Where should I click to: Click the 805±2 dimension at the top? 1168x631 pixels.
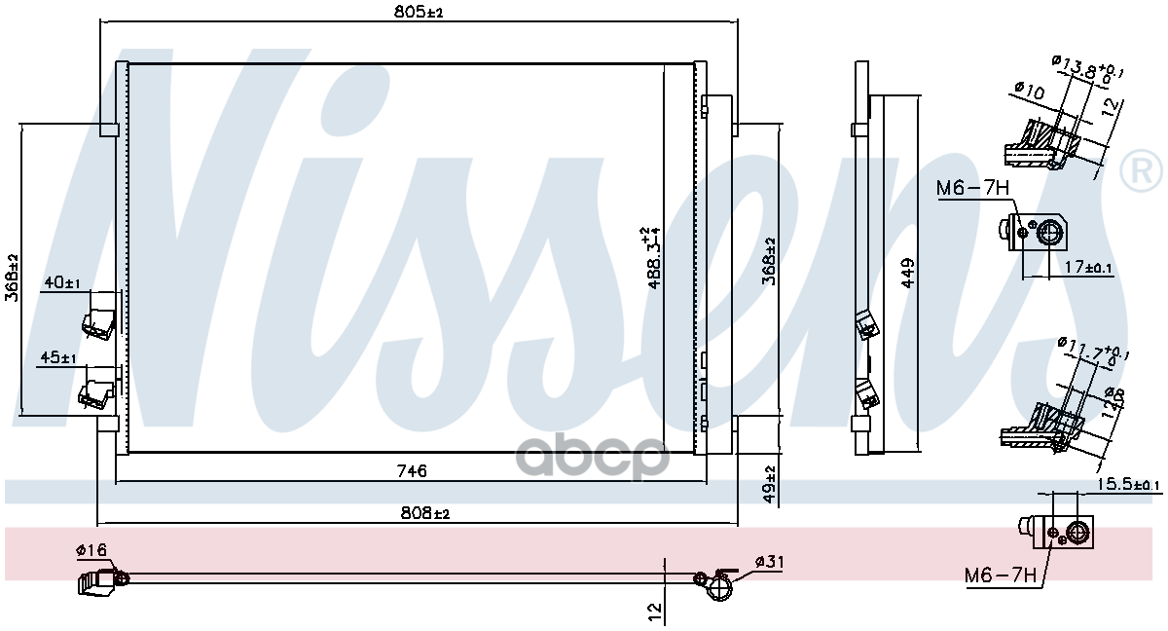click(x=416, y=12)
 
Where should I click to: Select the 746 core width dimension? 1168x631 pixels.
click(x=412, y=471)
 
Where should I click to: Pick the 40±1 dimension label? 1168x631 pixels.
click(x=61, y=282)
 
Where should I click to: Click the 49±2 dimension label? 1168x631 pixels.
click(x=769, y=484)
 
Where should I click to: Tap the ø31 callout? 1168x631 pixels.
click(x=768, y=562)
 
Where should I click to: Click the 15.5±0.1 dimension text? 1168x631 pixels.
click(x=1129, y=484)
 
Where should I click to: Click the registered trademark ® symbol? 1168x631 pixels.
click(x=1141, y=172)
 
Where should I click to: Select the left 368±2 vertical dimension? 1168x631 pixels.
click(x=12, y=278)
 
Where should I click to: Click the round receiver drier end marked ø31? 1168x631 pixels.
click(x=719, y=587)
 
